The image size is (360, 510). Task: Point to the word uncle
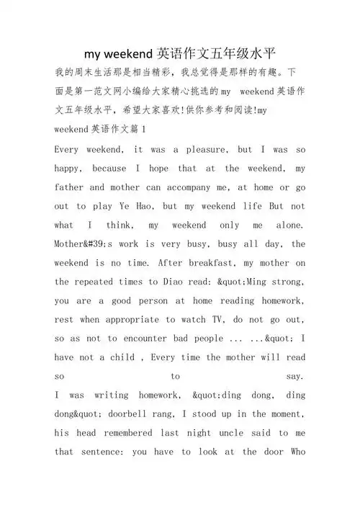[x=227, y=433]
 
